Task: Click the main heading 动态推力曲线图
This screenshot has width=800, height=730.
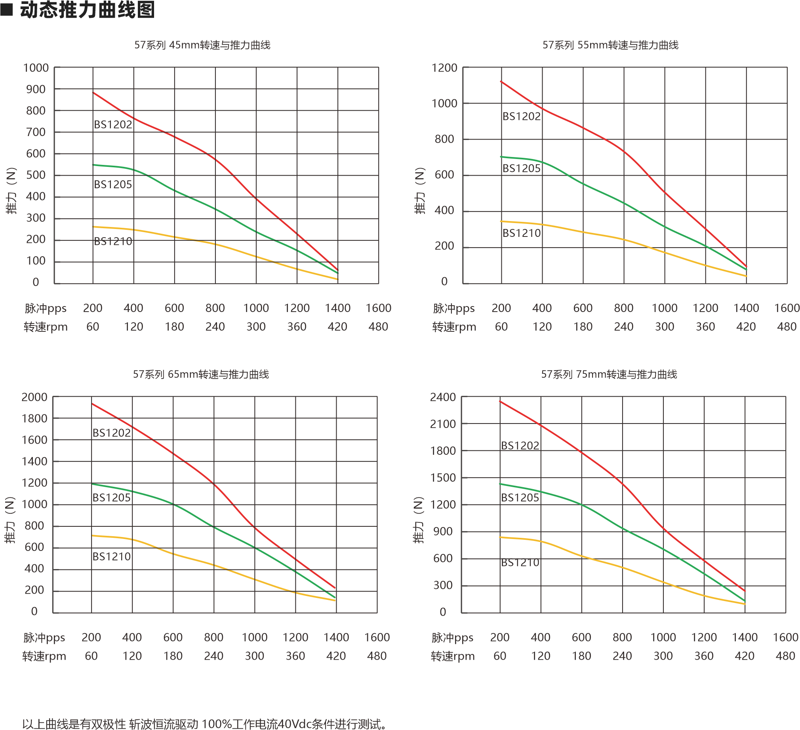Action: click(x=87, y=10)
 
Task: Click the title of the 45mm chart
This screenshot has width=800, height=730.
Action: click(x=202, y=45)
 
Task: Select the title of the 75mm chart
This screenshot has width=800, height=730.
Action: click(x=609, y=374)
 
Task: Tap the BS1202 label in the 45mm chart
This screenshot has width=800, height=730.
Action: click(x=113, y=125)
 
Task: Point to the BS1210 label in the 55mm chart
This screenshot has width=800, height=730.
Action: click(x=522, y=233)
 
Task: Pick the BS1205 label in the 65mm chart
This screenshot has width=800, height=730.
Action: click(x=112, y=498)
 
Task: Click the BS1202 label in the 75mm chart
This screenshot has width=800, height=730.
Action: click(x=520, y=445)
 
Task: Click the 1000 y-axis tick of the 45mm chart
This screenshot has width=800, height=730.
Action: click(x=36, y=68)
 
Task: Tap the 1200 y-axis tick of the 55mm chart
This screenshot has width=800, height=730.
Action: click(x=444, y=68)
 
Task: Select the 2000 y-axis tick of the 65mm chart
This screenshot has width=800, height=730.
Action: click(x=34, y=397)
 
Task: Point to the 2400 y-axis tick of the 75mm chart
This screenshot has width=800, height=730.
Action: click(x=443, y=397)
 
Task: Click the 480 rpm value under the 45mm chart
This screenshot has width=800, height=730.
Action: click(x=378, y=327)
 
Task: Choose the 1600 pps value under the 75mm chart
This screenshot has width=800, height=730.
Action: click(x=785, y=637)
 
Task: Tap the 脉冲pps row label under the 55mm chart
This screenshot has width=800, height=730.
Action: click(x=453, y=308)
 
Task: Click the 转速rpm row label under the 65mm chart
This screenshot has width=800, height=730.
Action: click(x=44, y=656)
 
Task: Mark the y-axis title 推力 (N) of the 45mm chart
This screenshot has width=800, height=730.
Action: click(x=12, y=191)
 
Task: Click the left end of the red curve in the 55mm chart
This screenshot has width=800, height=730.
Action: click(x=502, y=81)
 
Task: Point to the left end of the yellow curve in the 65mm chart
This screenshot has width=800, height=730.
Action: click(x=93, y=536)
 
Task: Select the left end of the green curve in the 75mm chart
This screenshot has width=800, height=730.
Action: click(x=501, y=484)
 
